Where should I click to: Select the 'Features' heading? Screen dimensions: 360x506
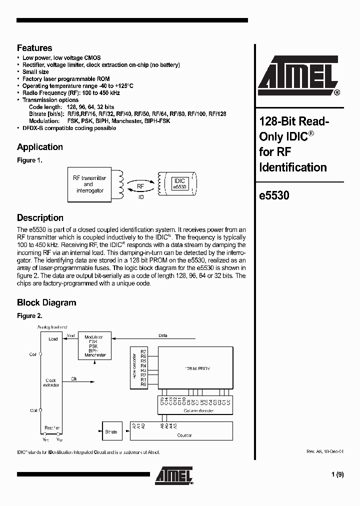click(34, 48)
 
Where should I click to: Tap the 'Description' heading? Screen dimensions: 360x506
click(40, 217)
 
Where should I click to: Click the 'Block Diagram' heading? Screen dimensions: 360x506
click(46, 302)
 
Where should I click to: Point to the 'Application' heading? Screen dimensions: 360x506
click(40, 147)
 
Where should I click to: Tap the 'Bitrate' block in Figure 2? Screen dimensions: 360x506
click(111, 431)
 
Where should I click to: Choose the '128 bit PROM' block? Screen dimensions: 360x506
click(195, 368)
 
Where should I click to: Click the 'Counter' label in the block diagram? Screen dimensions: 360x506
click(184, 435)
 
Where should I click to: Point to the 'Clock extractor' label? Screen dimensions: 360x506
click(51, 382)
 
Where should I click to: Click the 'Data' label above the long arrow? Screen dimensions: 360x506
click(162, 335)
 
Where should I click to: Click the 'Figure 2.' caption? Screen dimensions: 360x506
click(29, 316)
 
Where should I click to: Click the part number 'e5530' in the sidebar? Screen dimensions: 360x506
click(274, 196)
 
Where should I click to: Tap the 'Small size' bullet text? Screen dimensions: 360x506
click(35, 72)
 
